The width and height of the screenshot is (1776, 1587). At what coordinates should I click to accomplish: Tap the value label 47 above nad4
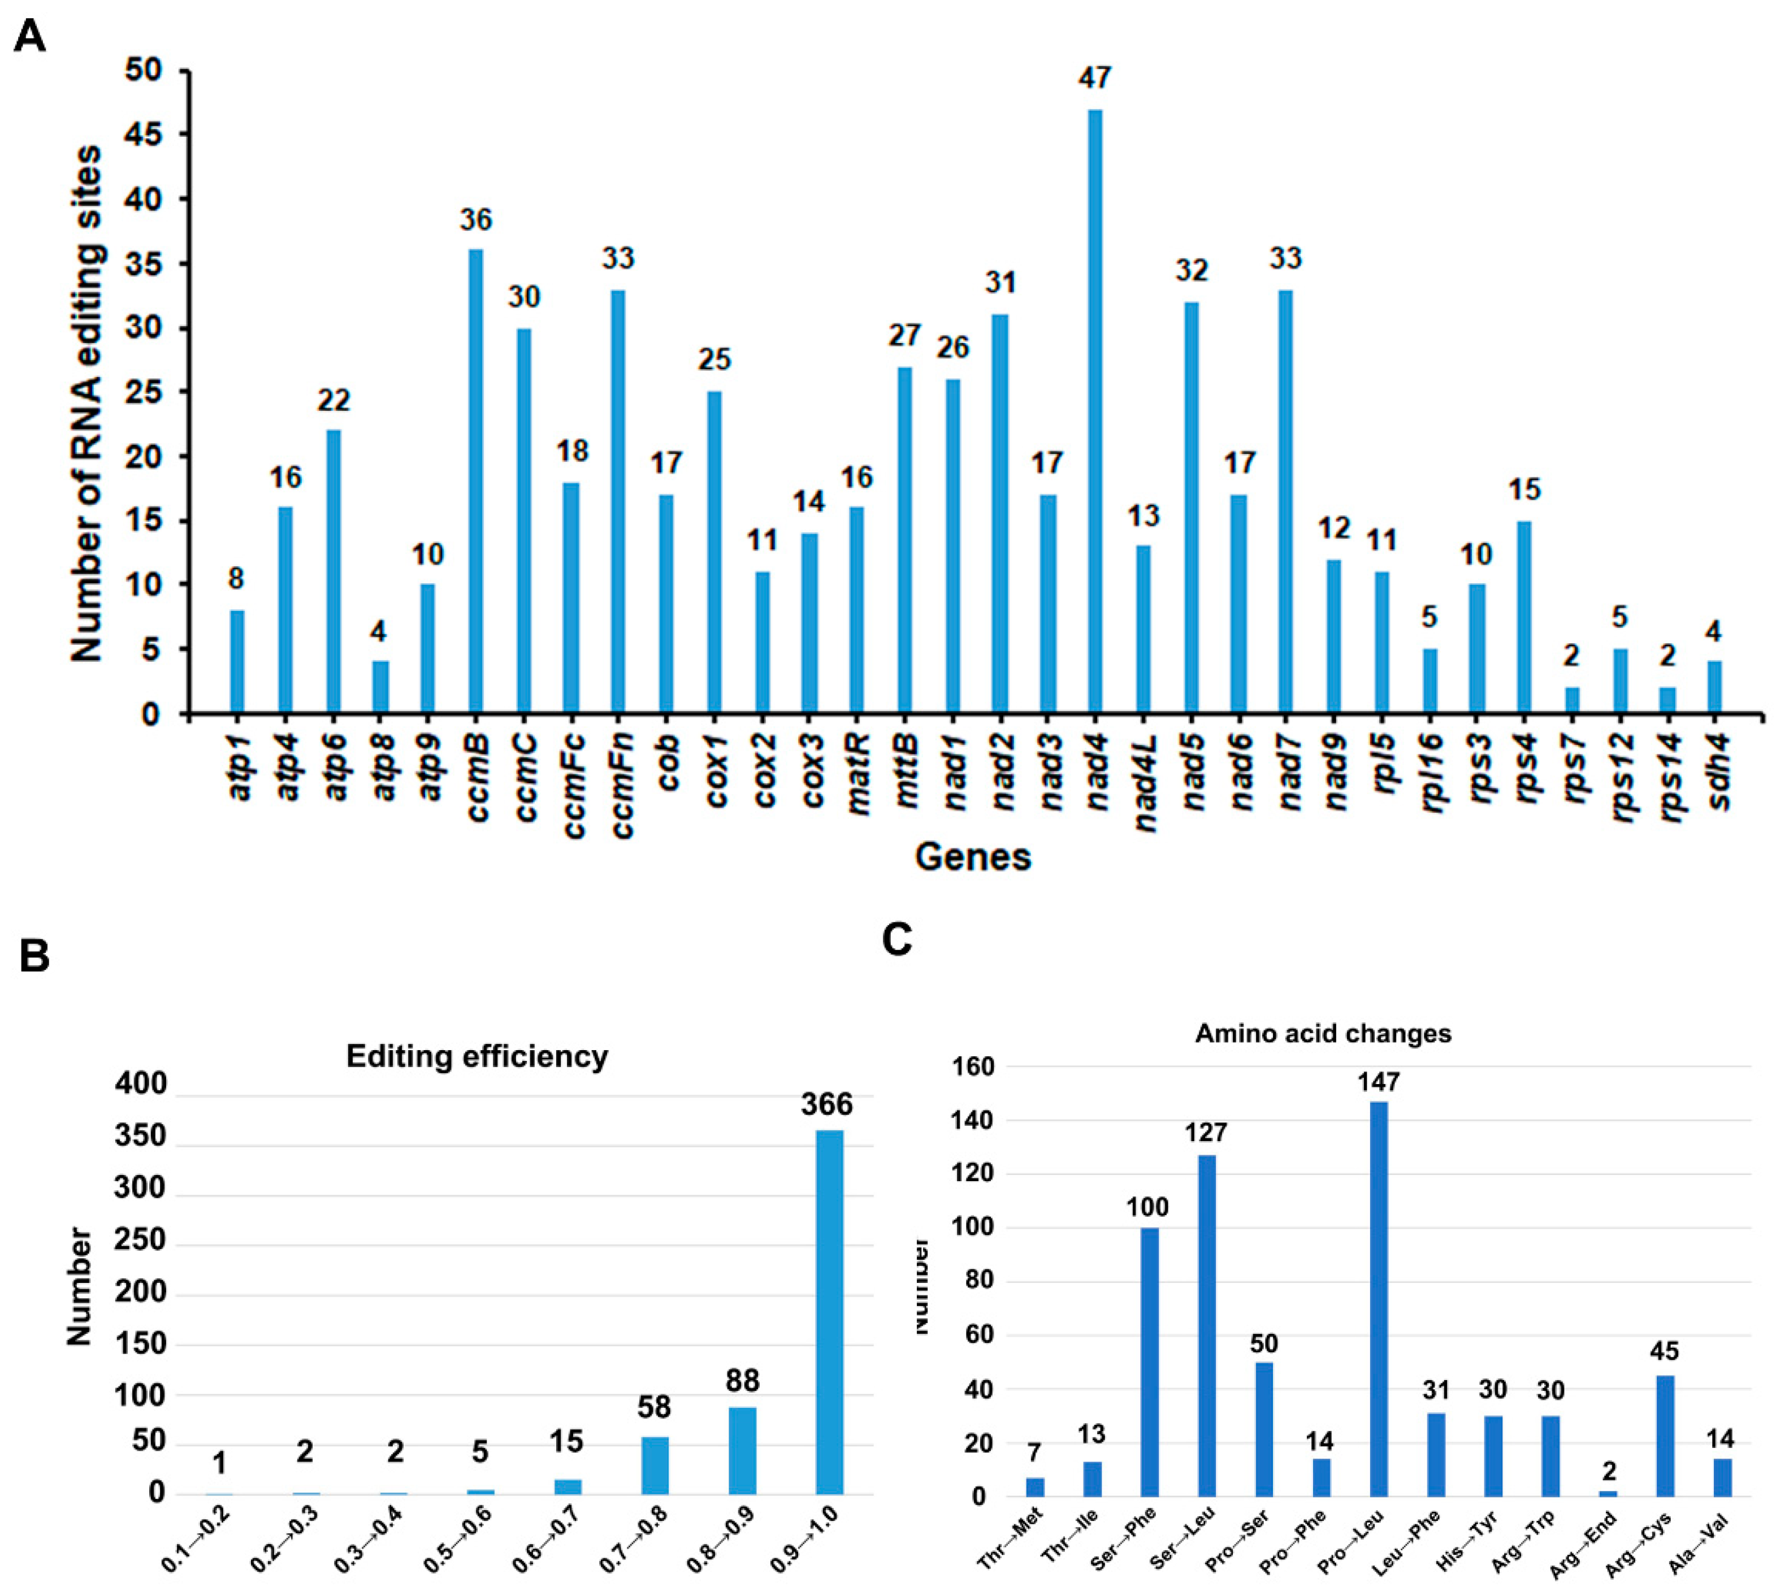[x=1095, y=79]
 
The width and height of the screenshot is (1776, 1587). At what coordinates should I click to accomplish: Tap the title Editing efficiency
[x=477, y=1056]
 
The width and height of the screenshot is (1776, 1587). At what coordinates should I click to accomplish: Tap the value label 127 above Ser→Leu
[x=1206, y=1133]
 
